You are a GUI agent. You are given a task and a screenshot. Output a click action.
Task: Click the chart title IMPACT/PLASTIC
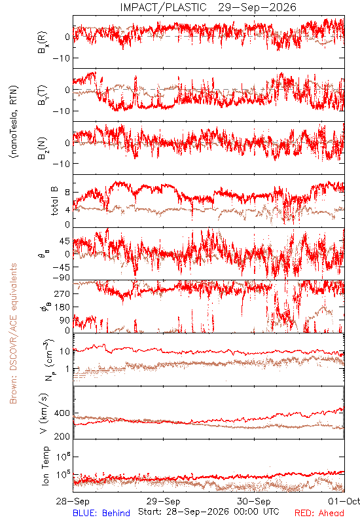point(163,7)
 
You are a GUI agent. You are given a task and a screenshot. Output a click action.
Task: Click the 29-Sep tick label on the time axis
point(163,501)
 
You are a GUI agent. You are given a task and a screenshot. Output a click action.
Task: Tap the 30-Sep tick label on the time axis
point(254,501)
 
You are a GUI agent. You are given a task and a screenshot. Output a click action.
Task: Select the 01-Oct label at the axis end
point(344,501)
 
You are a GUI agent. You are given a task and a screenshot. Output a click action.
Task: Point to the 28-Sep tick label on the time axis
point(73,501)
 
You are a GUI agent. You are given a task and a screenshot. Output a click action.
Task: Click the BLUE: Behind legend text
point(101,513)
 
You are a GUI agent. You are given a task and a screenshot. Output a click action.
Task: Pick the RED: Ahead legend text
point(319,513)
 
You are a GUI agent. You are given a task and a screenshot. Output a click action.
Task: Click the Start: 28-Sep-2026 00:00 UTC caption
point(209,512)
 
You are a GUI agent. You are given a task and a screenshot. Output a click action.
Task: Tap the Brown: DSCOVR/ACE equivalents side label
point(13,333)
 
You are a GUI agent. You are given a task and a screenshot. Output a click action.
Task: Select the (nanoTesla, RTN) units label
point(14,122)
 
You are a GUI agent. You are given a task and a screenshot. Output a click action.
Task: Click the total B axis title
point(54,201)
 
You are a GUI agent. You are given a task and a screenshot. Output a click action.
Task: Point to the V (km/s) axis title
point(44,414)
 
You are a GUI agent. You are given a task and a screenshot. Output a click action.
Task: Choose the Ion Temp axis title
point(45,466)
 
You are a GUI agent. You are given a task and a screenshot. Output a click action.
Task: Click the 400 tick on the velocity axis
point(62,413)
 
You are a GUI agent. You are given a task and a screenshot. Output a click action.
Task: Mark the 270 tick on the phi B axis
point(62,293)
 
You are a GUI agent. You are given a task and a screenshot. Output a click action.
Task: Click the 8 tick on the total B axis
point(68,193)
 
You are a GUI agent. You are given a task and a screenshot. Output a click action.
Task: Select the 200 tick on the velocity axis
point(62,436)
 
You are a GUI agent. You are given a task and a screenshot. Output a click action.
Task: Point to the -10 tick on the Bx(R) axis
point(61,58)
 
